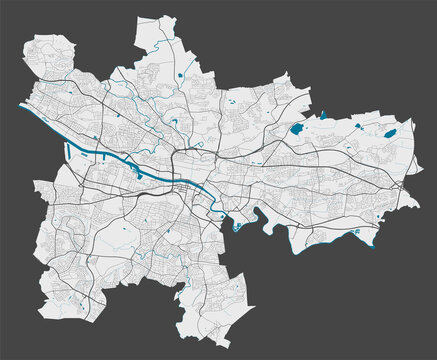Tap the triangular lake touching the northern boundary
(x=324, y=116)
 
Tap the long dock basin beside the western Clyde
(x=70, y=151)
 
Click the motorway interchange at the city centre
(x=181, y=155)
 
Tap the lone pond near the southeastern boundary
(x=357, y=231)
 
